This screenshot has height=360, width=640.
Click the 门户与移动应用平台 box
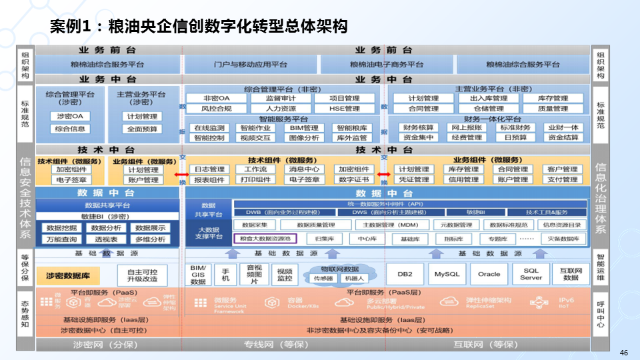coord(251,65)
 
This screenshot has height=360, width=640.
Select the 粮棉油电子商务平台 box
coord(387,65)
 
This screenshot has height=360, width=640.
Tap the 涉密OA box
coord(69,116)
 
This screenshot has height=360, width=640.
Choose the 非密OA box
coord(217,99)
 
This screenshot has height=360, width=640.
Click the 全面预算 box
coord(142,129)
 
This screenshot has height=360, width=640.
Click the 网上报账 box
coord(467,128)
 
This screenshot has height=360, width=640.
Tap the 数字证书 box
coord(353,179)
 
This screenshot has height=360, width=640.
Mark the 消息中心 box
coord(305,169)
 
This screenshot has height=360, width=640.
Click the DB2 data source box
coord(405,274)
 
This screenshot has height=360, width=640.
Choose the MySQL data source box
coord(447,274)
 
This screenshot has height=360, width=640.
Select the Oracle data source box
coord(489,274)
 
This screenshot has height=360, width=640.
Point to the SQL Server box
coord(531,274)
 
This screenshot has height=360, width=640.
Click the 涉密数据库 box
coord(73,275)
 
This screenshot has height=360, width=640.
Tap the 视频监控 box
coord(285,275)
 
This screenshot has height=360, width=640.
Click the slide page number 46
coord(624,352)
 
